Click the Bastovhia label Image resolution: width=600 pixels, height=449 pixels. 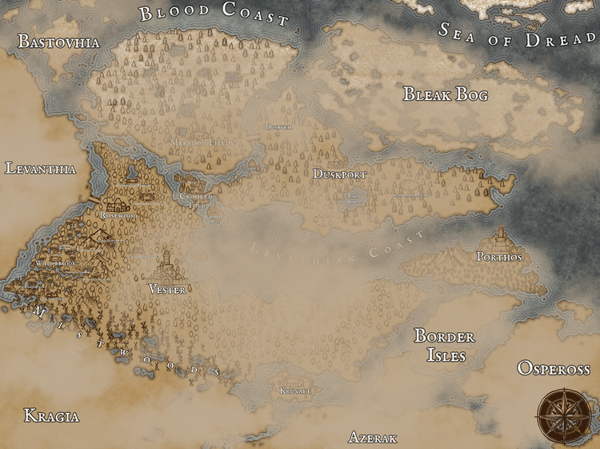[x=58, y=42]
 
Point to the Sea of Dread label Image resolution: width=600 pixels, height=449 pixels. [x=518, y=34]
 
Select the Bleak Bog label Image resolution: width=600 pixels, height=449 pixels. [x=446, y=94]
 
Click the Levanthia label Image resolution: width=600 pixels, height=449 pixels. [x=40, y=169]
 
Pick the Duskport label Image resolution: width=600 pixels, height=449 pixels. [x=340, y=174]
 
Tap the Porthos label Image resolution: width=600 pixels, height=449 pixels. [x=498, y=257]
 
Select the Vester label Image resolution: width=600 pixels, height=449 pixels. [x=167, y=289]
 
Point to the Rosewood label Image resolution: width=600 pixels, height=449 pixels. [x=119, y=215]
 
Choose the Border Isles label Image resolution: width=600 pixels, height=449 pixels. [x=444, y=345]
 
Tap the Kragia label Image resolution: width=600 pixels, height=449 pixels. [x=51, y=415]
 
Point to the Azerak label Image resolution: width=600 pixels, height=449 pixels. [x=373, y=438]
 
